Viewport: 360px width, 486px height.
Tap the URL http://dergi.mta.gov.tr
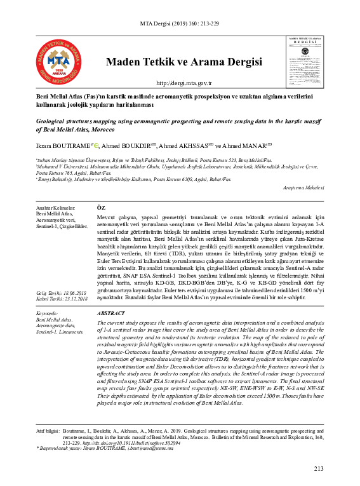click(183, 83)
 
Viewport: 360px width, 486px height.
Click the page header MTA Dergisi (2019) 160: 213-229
click(180, 25)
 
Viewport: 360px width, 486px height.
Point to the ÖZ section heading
click(100, 208)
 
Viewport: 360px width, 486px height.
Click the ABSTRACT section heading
click(111, 314)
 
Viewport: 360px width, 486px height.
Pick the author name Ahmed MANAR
click(250, 145)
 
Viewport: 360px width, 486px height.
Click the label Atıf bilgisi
click(48, 430)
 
